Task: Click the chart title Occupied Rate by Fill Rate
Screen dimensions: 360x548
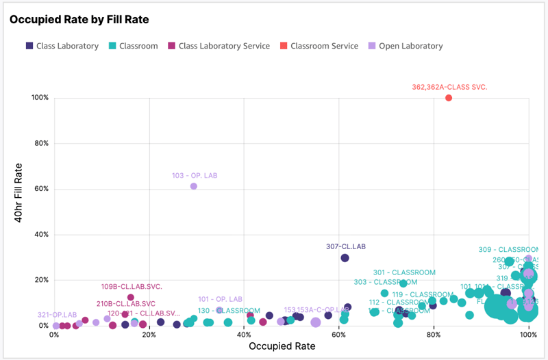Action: pos(79,20)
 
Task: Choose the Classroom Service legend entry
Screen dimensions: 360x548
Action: pos(323,46)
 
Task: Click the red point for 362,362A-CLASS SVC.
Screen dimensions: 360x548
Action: pos(449,98)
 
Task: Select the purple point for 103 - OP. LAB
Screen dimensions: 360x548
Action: pos(194,186)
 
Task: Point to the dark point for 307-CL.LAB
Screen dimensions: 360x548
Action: pos(345,258)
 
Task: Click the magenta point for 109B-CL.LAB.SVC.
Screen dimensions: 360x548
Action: pos(131,298)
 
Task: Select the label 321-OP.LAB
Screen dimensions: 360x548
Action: pos(58,316)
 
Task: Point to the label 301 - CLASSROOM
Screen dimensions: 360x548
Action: pos(404,272)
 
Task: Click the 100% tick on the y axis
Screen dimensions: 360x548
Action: pos(40,98)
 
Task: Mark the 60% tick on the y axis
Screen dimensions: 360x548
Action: pos(40,189)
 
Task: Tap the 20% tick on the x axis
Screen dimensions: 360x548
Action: pos(149,335)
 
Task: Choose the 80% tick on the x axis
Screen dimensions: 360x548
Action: pos(433,335)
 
